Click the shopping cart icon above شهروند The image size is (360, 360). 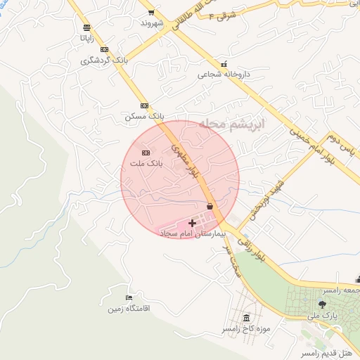[x=150, y=13]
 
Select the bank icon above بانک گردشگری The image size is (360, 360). [x=105, y=49]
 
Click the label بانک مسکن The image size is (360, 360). [x=144, y=116]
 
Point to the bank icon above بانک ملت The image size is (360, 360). [x=146, y=153]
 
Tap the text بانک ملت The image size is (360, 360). [x=146, y=163]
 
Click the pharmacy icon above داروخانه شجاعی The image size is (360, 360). [x=224, y=64]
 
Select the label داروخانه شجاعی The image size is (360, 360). [x=222, y=74]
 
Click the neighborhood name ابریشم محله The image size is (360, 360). [x=232, y=124]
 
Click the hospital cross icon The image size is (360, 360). [x=193, y=222]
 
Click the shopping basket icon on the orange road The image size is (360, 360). [x=210, y=206]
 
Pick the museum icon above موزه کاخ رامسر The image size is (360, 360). [x=245, y=319]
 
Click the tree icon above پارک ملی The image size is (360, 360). [x=323, y=304]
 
